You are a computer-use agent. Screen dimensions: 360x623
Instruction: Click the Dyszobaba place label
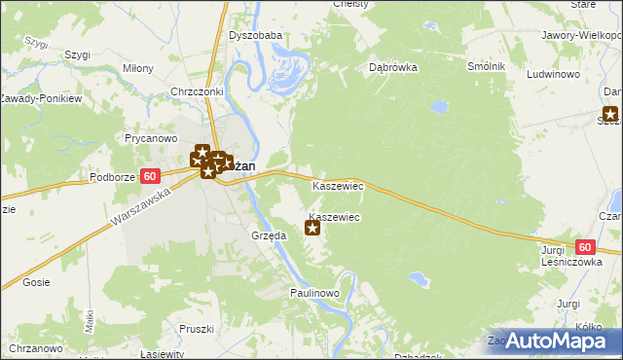pos(255,36)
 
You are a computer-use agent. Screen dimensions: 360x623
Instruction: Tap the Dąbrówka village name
pos(393,68)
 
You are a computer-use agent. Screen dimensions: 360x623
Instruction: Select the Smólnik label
pos(486,66)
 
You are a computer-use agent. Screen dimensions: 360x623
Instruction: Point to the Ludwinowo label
pos(553,73)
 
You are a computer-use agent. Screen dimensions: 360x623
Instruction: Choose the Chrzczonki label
pos(198,91)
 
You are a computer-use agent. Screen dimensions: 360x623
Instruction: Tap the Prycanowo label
pos(149,138)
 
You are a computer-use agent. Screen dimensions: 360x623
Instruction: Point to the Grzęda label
pos(268,235)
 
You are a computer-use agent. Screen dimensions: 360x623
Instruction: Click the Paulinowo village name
pos(313,293)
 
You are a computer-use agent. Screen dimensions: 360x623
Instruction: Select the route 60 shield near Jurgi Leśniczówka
pos(584,248)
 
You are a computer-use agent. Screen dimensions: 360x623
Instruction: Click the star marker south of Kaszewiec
pos(312,229)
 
